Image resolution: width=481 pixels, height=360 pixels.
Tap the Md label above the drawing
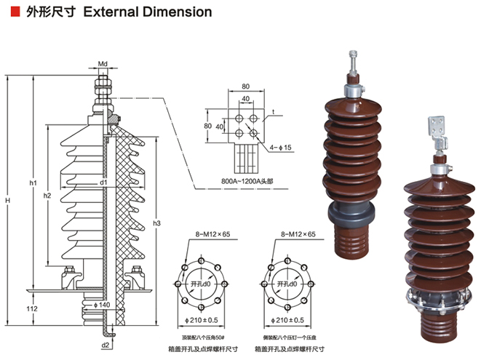tap(103, 65)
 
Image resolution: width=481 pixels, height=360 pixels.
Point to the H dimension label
tap(8, 200)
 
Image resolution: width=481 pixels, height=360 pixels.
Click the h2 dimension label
tap(47, 196)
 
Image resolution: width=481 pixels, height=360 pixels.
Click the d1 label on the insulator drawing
tap(104, 182)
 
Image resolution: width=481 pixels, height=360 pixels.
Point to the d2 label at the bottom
tap(106, 345)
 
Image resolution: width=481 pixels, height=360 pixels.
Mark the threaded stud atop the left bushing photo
tap(354, 61)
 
